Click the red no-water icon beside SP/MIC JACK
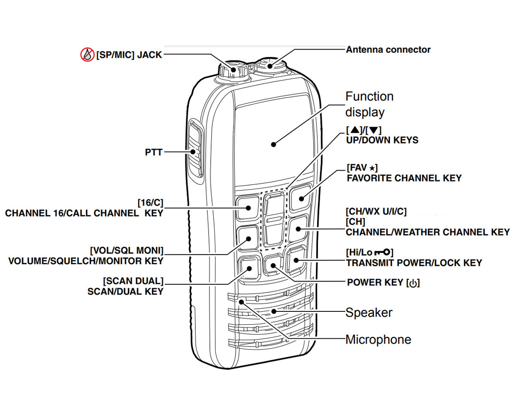click(x=87, y=54)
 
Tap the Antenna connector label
click(x=388, y=49)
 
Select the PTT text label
click(x=154, y=152)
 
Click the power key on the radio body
click(x=273, y=265)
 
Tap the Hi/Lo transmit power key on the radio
click(x=296, y=259)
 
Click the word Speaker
click(x=369, y=312)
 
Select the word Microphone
click(x=378, y=340)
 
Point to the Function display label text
click(x=369, y=104)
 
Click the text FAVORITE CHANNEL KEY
click(x=404, y=177)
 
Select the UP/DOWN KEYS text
click(x=382, y=140)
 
